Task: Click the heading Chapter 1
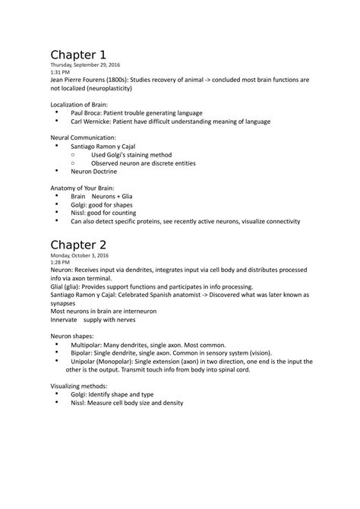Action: click(77, 55)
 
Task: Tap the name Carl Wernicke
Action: click(92, 121)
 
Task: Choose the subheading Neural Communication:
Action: click(84, 138)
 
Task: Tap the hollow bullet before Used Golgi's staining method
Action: click(72, 154)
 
